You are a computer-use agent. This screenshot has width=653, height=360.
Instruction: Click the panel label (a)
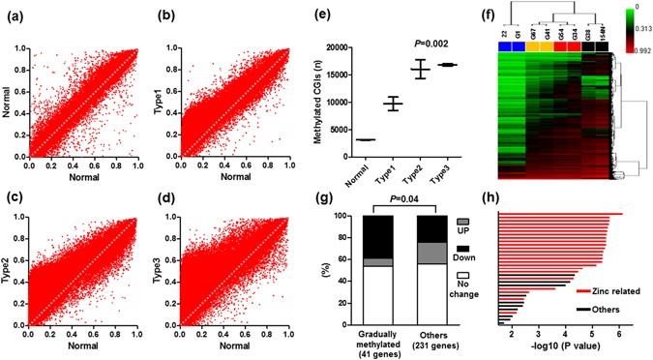(x=15, y=15)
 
